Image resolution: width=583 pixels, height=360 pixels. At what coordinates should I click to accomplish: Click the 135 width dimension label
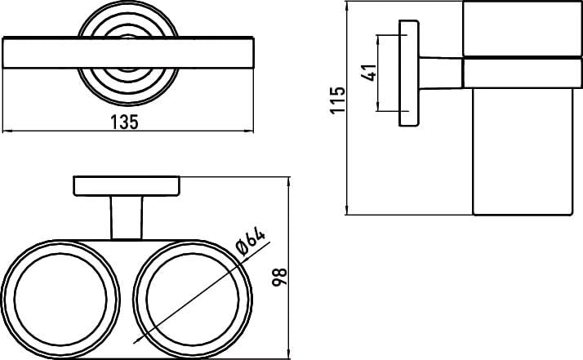(x=125, y=122)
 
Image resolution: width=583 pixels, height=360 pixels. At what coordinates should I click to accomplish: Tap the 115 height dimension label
(x=337, y=100)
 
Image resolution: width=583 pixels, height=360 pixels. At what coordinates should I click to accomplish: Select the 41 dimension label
(x=369, y=73)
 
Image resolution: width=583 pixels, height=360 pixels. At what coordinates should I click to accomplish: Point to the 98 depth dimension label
(x=279, y=277)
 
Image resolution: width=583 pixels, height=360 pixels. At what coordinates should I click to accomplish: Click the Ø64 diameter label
(x=251, y=242)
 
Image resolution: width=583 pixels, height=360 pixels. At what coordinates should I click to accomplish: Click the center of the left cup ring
(x=60, y=300)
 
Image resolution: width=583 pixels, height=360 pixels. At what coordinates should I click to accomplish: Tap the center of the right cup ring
(x=193, y=300)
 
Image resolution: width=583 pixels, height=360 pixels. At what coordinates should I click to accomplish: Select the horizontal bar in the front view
(x=128, y=52)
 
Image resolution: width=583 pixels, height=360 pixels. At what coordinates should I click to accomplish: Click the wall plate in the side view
(x=409, y=73)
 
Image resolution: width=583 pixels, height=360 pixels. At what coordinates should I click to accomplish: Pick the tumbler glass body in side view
(x=523, y=151)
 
